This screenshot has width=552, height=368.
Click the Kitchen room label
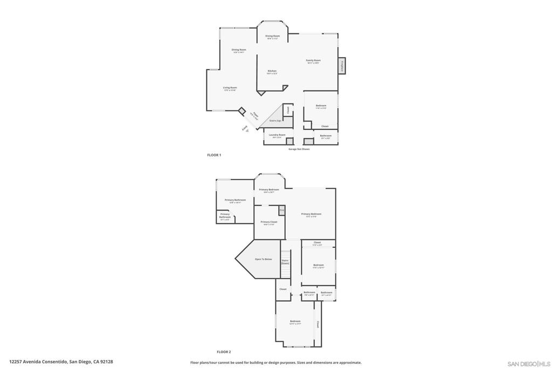272,71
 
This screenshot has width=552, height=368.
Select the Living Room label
230,88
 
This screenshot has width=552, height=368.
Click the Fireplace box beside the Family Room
342,65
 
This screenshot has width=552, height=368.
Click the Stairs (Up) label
275,121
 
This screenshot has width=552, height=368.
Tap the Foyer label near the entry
256,115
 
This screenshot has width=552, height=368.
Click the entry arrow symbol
247,131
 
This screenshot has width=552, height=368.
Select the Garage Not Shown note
299,149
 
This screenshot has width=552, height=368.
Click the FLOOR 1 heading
214,155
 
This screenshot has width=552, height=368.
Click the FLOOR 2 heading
224,352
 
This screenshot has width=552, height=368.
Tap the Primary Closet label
269,222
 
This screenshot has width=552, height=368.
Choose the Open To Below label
264,259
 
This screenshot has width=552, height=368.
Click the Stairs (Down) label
285,262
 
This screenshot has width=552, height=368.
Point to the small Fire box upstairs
281,210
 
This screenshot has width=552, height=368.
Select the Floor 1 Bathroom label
326,136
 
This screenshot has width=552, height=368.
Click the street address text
61,362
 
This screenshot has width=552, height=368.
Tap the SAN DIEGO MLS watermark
529,364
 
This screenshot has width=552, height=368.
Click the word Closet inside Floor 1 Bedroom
325,126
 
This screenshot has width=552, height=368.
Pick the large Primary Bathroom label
236,200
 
